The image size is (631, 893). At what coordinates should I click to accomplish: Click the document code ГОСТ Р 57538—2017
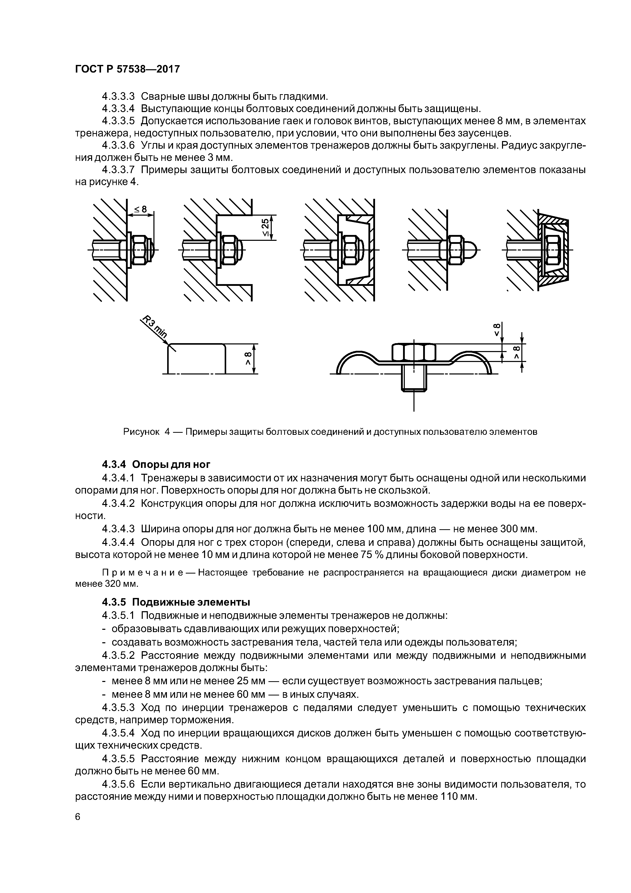coord(127,69)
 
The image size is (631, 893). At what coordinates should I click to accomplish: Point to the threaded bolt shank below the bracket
coord(414,379)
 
